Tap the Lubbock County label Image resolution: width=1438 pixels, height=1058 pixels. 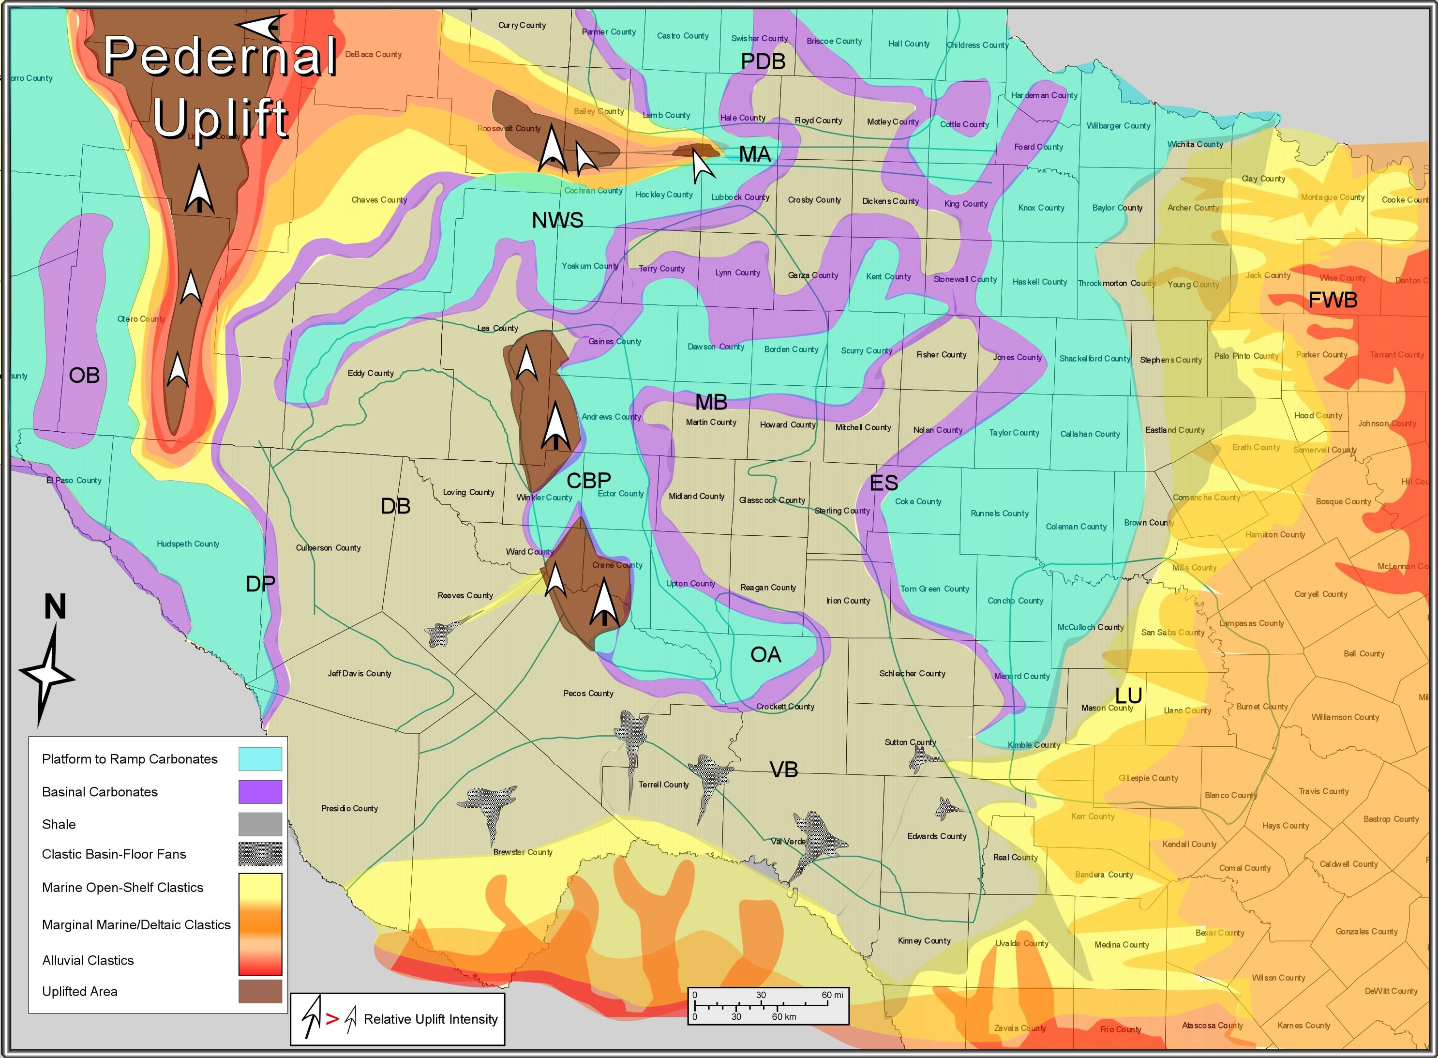740,197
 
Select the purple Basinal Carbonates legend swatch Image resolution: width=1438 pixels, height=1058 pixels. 260,792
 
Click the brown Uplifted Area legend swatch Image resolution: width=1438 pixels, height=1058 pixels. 260,991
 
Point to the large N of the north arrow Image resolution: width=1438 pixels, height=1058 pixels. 55,606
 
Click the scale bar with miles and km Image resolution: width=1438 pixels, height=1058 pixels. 768,1005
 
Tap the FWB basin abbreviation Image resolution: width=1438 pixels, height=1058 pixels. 1333,300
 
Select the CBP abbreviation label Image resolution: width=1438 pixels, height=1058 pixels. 588,480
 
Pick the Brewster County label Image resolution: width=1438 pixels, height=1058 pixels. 523,852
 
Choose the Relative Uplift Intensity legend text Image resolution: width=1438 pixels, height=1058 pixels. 430,1019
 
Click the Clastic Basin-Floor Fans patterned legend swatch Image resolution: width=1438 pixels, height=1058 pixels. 260,854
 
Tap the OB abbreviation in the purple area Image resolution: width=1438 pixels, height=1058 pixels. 84,375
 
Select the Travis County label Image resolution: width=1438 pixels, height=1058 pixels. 1323,791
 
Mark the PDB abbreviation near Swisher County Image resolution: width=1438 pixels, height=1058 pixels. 763,61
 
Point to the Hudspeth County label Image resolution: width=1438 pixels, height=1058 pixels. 188,544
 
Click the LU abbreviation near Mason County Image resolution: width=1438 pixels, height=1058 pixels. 1128,695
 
